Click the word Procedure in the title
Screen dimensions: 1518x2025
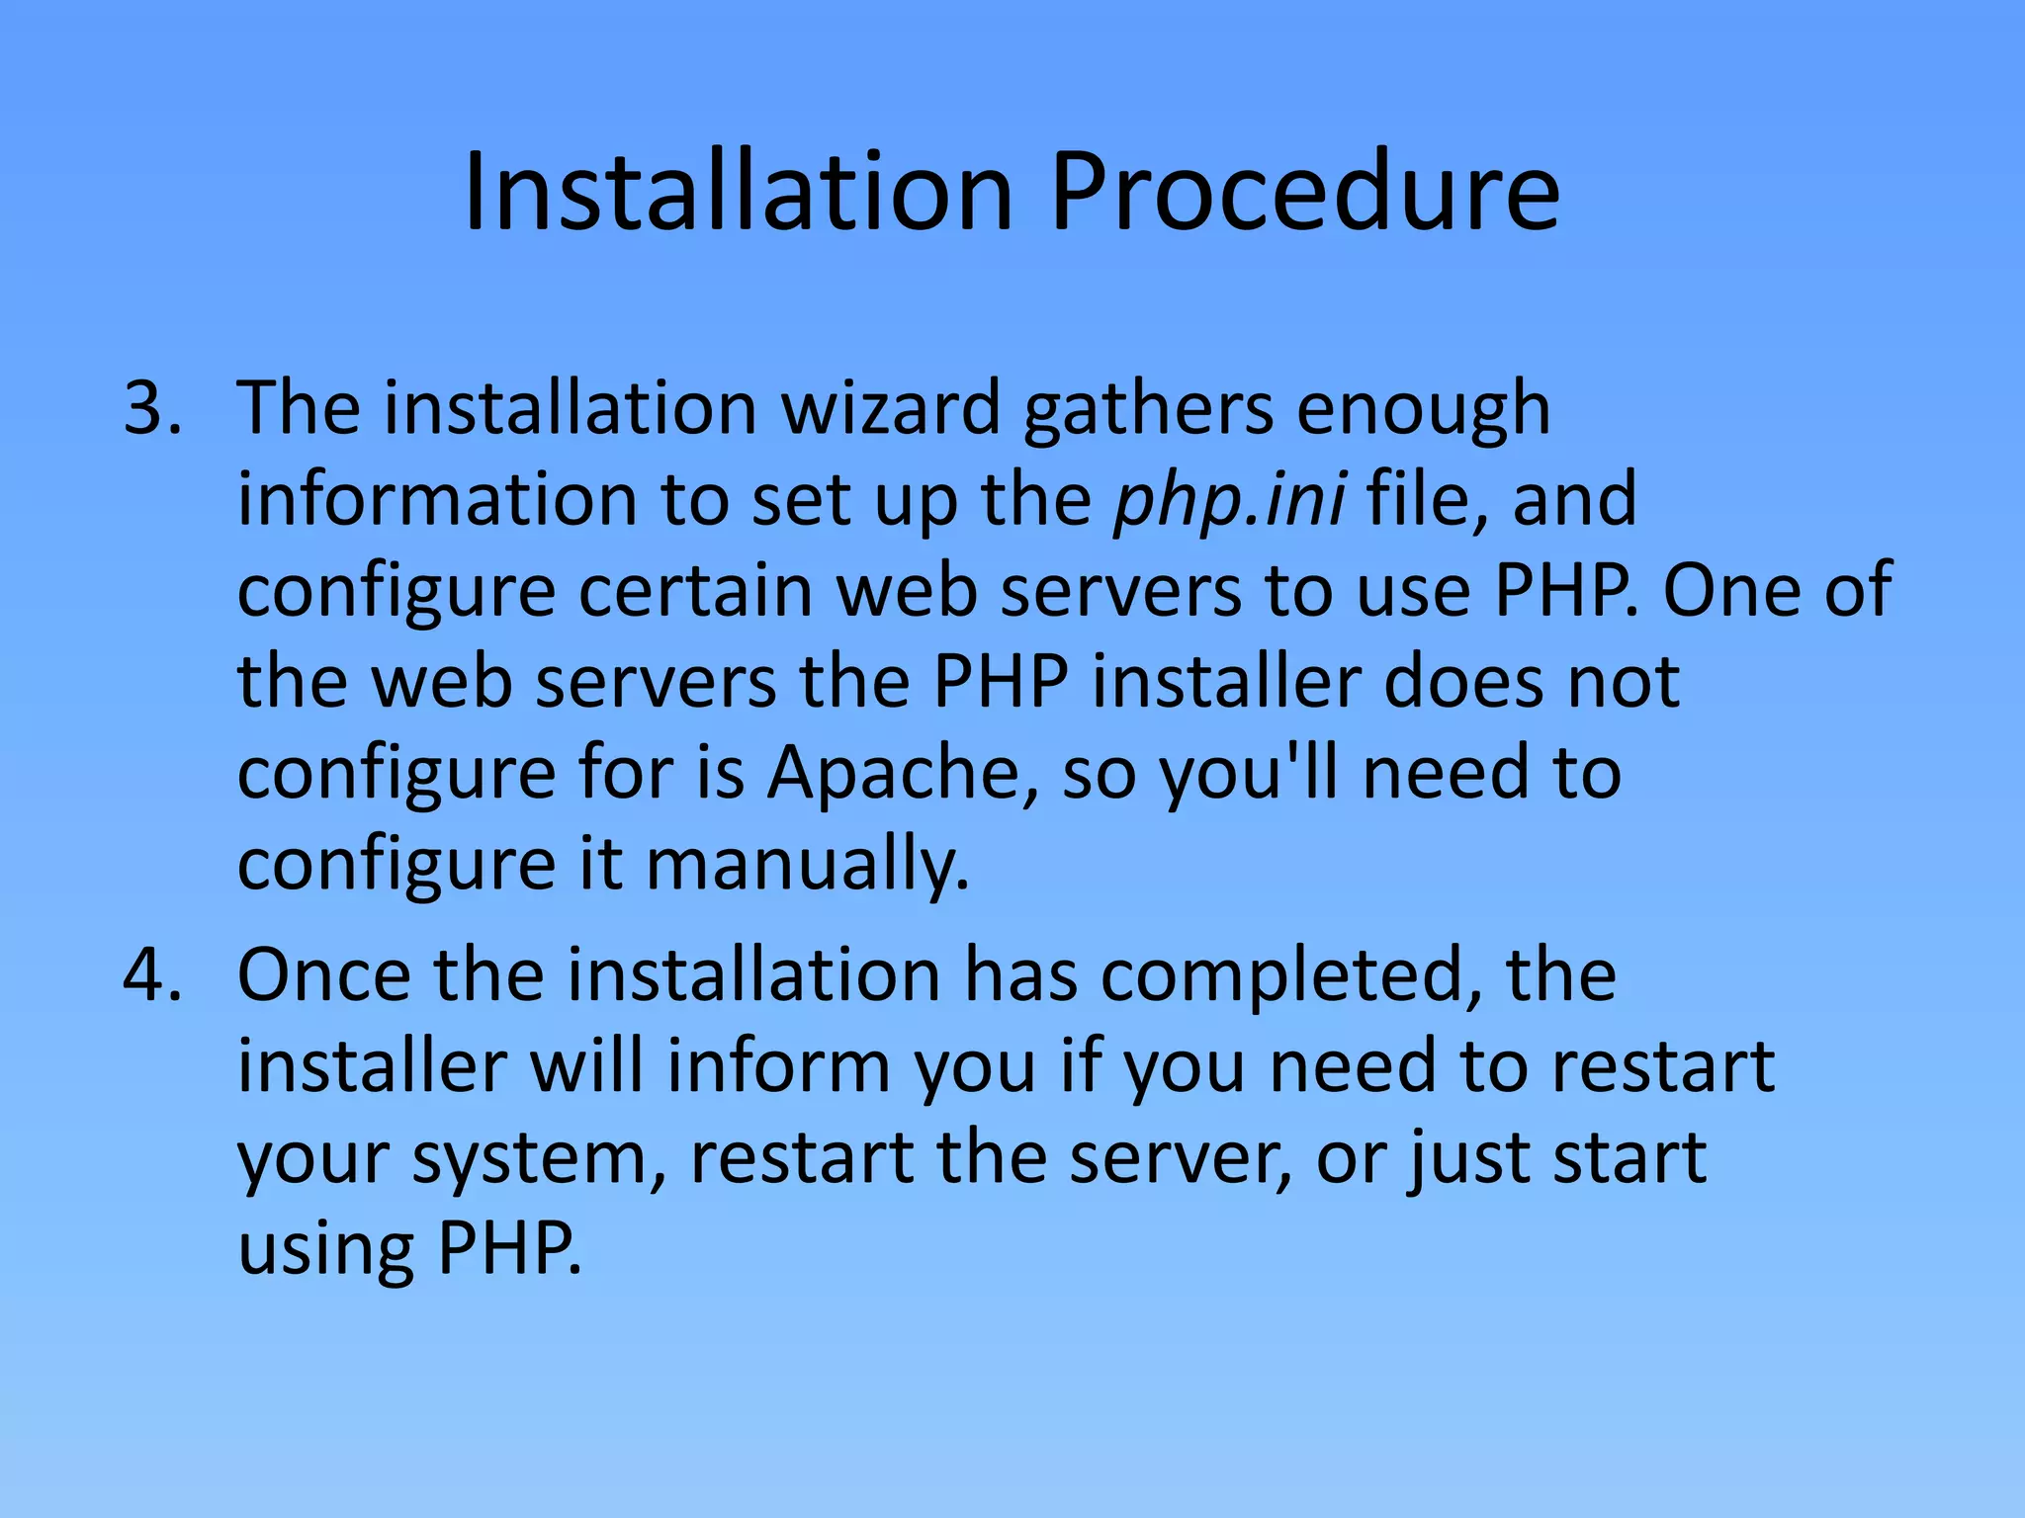click(1304, 193)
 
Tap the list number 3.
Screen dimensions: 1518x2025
click(151, 408)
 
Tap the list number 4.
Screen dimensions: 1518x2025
click(151, 975)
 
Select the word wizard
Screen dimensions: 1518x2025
click(891, 408)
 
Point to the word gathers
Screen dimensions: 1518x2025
click(1148, 408)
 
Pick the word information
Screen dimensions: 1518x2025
click(436, 499)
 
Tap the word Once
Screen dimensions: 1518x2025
click(323, 975)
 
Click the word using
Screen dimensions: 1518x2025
click(325, 1250)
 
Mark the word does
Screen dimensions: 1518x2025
click(1462, 681)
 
